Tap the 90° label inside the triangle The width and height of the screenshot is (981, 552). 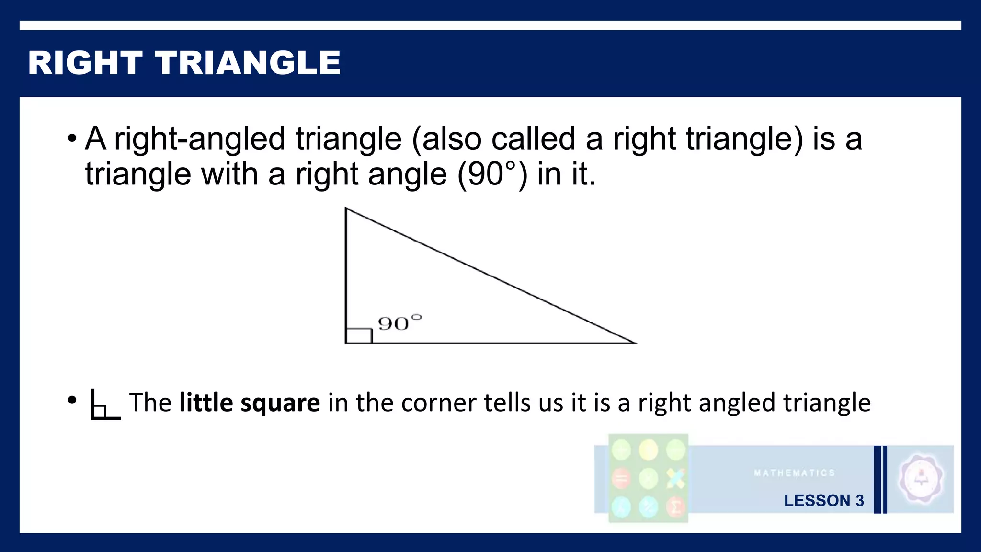click(x=399, y=323)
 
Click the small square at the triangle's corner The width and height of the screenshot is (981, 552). click(x=359, y=336)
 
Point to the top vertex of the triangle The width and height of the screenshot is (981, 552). click(x=346, y=208)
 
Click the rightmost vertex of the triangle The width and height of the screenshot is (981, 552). click(x=635, y=343)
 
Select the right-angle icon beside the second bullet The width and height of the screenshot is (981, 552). click(x=104, y=405)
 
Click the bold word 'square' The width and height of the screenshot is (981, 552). click(x=280, y=402)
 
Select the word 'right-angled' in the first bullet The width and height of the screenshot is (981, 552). click(x=200, y=139)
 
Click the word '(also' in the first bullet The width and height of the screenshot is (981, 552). click(x=446, y=139)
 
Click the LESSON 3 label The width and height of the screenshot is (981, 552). click(x=823, y=500)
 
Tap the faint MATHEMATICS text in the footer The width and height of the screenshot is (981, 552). click(x=794, y=473)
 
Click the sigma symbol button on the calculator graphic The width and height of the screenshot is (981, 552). click(x=676, y=506)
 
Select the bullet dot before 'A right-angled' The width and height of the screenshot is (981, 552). click(x=72, y=139)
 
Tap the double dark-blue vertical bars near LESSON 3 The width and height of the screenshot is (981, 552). click(x=880, y=479)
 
